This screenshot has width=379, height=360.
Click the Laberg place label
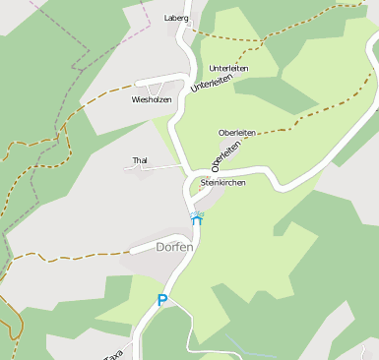coord(176,18)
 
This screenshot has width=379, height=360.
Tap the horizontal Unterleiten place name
coord(228,68)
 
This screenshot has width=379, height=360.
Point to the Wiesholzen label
coord(152,99)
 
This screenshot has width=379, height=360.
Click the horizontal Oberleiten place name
coord(237,132)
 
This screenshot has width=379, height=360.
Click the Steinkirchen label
coord(222,183)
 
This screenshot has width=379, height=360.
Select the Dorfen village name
coord(174,247)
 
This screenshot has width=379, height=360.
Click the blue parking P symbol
coord(162,301)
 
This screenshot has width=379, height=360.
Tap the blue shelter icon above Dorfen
coord(197,218)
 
